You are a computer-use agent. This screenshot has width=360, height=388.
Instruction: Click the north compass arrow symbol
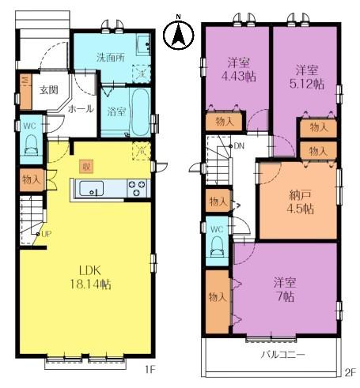[179, 35]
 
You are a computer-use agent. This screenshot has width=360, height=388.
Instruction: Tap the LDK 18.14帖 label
[90, 277]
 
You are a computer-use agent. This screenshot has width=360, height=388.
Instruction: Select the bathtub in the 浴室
[140, 112]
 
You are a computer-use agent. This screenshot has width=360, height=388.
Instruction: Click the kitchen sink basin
[91, 188]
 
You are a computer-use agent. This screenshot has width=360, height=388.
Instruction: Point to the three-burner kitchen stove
[136, 188]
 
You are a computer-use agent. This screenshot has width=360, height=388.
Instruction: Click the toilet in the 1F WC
[31, 145]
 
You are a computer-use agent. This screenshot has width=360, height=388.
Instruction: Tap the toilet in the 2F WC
[217, 247]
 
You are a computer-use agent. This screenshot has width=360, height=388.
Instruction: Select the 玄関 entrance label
[49, 90]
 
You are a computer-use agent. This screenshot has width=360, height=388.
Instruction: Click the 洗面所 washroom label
[111, 58]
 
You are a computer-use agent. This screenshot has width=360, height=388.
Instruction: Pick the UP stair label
[47, 234]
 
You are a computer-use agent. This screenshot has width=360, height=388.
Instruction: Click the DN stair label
[239, 145]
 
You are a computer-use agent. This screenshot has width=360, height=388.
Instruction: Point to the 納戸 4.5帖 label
[300, 202]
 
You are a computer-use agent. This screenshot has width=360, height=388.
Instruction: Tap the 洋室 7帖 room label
[285, 289]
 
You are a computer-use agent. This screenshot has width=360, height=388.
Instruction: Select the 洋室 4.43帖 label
[238, 70]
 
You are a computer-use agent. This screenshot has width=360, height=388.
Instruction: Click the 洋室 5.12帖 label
[307, 77]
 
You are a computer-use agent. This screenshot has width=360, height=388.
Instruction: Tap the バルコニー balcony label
[283, 355]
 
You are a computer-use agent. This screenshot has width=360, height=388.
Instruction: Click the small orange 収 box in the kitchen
[86, 167]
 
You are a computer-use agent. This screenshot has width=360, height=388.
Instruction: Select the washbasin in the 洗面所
[143, 44]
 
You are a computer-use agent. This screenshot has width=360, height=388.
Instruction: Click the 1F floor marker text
[150, 370]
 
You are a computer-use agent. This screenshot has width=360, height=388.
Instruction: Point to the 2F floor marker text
[351, 373]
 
